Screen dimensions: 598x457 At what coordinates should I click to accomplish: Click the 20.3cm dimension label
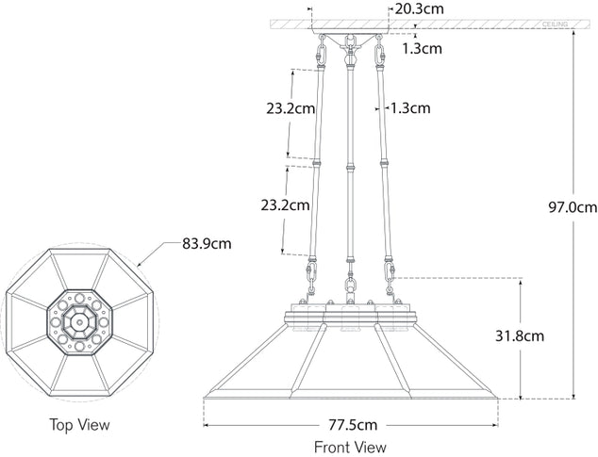[x=419, y=8]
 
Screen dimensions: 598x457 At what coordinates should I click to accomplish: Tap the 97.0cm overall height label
[x=573, y=207]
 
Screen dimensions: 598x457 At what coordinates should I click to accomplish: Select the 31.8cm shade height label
[x=520, y=336]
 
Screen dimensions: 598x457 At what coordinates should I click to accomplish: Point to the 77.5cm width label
[x=353, y=425]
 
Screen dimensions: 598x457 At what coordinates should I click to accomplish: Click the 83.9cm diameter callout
[x=207, y=243]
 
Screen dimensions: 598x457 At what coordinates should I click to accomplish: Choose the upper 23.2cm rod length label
[x=291, y=108]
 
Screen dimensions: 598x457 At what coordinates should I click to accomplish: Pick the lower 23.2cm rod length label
[x=285, y=205]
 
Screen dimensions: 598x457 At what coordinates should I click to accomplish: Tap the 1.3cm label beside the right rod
[x=409, y=108]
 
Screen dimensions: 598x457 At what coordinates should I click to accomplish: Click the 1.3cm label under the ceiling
[x=423, y=49]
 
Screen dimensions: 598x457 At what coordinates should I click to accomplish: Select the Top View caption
[x=79, y=424]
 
